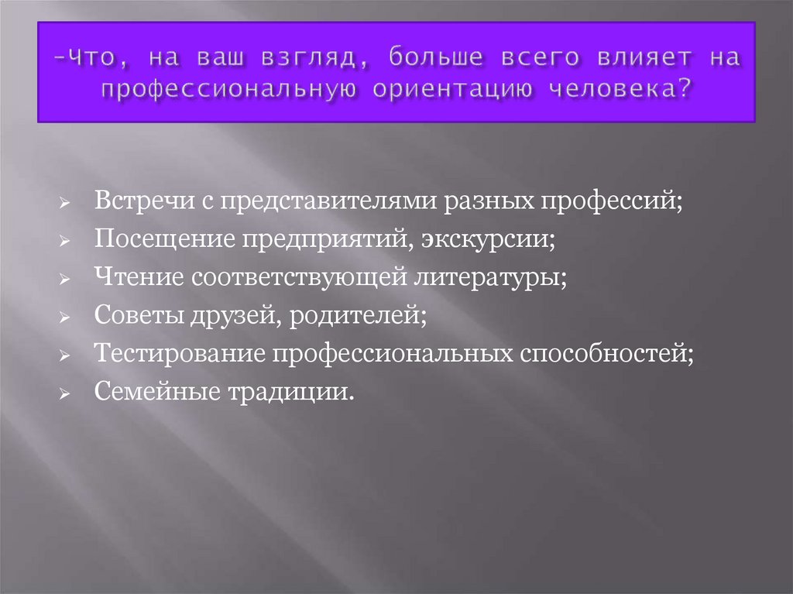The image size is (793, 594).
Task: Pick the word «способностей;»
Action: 606,354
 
